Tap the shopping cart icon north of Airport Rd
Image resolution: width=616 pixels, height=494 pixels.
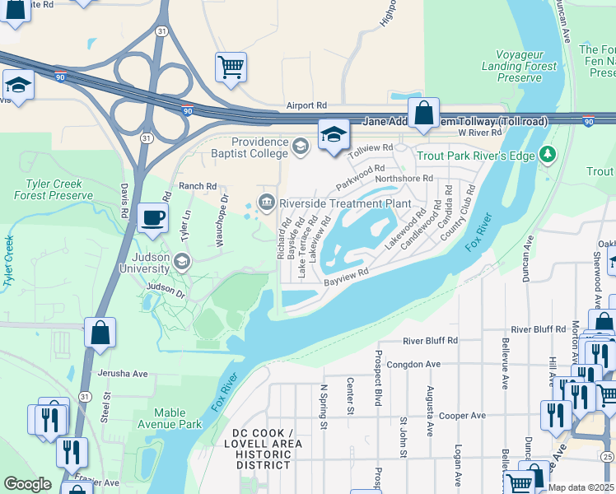point(231,67)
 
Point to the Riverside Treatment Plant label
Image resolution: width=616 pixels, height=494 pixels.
point(344,203)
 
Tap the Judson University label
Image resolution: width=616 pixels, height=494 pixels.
point(145,261)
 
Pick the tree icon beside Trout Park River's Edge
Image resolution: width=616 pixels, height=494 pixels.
point(546,155)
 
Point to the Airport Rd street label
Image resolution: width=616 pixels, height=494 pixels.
point(306,106)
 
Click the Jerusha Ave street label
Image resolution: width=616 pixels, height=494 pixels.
point(122,373)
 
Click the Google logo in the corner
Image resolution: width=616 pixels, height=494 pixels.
point(28,484)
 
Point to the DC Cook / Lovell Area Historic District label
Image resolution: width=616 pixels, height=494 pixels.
point(263,449)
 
